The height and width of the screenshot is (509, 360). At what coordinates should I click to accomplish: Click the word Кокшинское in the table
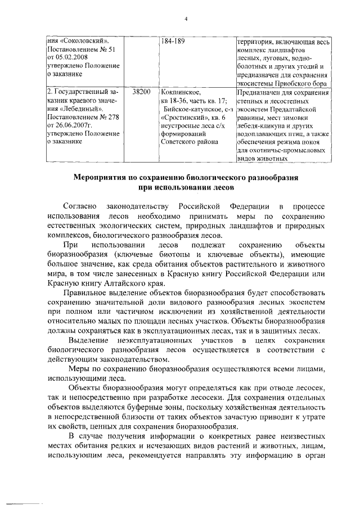179,91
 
